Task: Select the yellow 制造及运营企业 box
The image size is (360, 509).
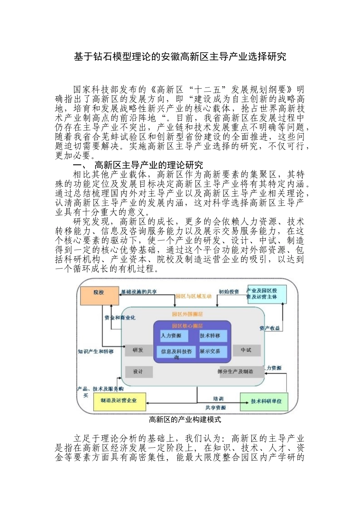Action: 119,401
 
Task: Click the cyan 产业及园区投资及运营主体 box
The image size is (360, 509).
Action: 266,294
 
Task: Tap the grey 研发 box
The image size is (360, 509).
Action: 138,350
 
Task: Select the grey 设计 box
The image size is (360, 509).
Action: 138,372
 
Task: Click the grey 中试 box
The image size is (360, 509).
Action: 246,350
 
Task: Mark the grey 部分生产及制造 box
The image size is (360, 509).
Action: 236,372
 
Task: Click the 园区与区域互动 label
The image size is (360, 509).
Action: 193,296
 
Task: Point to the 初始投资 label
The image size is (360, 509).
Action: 229,292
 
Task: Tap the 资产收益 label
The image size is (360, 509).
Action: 270,328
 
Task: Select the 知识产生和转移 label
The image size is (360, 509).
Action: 96,351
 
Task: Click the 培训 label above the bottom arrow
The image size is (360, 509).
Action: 218,399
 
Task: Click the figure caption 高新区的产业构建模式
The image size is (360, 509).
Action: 185,420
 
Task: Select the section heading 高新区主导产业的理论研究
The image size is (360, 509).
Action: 149,165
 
